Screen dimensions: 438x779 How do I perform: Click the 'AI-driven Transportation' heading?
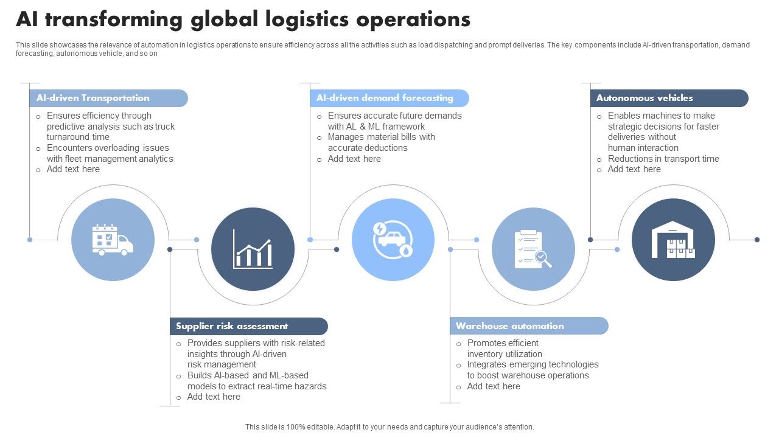point(93,98)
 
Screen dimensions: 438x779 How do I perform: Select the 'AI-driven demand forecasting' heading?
point(385,98)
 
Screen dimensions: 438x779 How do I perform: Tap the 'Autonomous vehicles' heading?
point(645,98)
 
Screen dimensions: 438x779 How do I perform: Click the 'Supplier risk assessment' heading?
point(232,326)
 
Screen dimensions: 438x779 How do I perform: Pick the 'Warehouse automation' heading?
point(509,326)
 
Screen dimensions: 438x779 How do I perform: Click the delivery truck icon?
point(113,240)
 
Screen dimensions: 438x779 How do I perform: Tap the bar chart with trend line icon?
point(253,249)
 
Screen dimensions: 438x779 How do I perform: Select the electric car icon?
point(393,240)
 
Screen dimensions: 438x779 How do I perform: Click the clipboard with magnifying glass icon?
point(533,249)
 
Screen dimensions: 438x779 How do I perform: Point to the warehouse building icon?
point(672,240)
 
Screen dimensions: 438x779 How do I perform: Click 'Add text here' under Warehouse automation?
point(494,386)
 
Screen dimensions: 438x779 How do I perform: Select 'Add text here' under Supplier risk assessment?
point(214,397)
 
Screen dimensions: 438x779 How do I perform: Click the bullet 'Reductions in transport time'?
point(663,159)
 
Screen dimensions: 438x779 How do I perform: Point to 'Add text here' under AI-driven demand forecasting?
point(354,159)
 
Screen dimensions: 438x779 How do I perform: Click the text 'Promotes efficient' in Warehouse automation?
point(503,343)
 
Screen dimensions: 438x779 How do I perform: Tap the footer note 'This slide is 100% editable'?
point(389,427)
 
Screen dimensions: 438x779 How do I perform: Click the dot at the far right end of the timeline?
point(757,240)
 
